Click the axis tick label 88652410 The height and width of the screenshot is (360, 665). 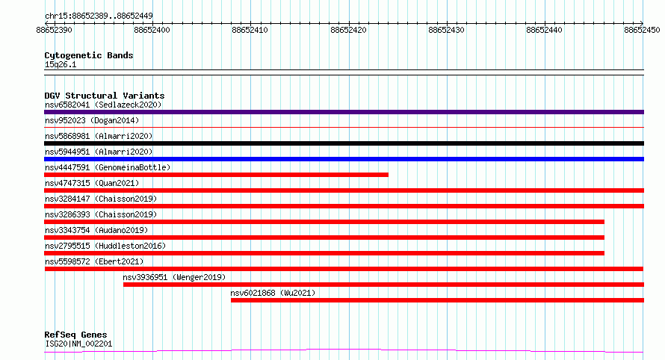tap(250, 30)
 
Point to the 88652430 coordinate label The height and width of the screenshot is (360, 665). tap(446, 30)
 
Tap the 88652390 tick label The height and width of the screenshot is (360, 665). tap(55, 30)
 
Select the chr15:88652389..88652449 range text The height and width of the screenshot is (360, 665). tap(99, 16)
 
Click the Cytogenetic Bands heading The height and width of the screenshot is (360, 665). tap(89, 55)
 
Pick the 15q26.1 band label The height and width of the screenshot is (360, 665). tap(61, 64)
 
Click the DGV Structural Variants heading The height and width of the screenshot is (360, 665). tap(105, 96)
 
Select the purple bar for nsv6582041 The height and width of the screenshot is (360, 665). tap(344, 112)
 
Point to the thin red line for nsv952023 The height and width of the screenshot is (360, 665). tap(344, 127)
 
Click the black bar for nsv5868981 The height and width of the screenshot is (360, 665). tap(344, 143)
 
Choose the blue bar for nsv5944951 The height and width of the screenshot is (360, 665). tap(344, 159)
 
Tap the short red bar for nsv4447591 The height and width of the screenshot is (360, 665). tap(216, 175)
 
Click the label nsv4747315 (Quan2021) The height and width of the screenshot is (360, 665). tap(92, 183)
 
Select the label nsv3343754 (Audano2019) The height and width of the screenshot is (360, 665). tap(96, 230)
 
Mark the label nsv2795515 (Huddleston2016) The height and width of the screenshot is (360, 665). tap(105, 246)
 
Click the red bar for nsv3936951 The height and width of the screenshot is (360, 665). tap(384, 285)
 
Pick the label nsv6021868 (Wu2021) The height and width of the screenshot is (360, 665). tap(273, 293)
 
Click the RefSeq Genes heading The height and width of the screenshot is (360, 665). tap(75, 335)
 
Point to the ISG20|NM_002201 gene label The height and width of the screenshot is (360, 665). tap(78, 344)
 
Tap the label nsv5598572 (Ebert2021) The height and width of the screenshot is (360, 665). tap(94, 261)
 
